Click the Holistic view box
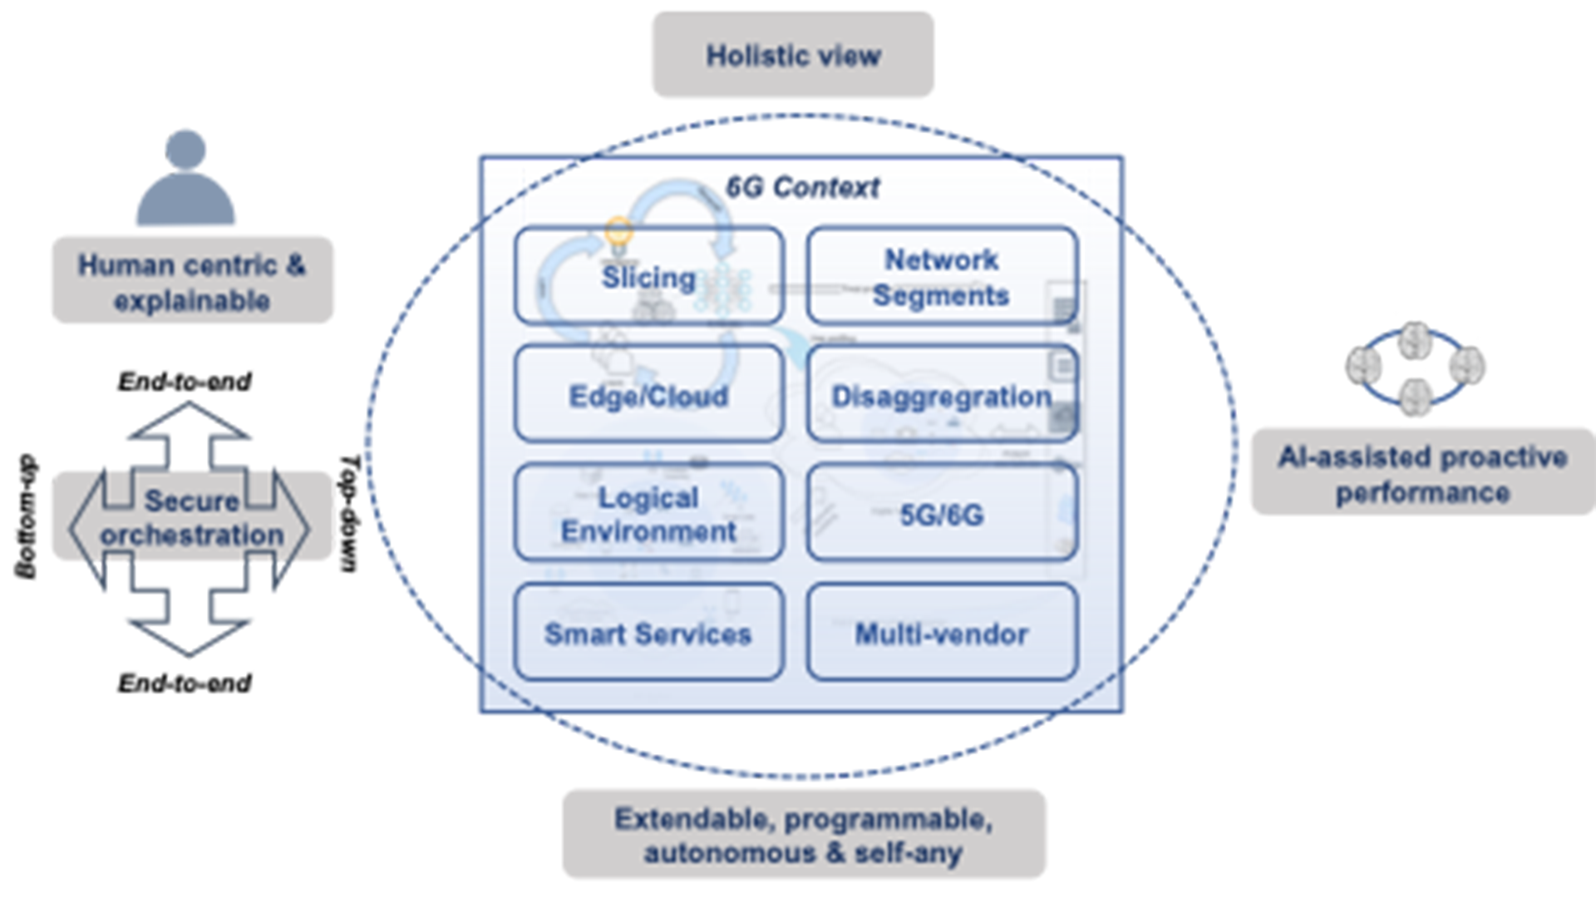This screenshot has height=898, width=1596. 792,55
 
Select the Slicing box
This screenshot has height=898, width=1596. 648,276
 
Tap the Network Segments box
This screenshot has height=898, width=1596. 941,276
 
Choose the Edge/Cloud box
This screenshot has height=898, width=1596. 648,396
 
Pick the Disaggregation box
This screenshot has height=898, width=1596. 941,396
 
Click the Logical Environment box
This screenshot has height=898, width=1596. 648,514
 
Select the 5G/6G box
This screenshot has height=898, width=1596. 941,514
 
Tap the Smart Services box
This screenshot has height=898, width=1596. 648,634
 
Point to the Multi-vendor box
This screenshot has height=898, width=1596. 941,634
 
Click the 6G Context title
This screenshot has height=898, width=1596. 802,187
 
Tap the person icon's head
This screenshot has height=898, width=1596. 185,150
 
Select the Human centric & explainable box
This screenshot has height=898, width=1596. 192,281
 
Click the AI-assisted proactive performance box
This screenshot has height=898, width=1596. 1422,473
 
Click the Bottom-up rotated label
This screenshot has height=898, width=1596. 27,516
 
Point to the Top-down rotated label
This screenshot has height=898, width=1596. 349,513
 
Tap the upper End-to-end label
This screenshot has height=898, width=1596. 185,382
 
